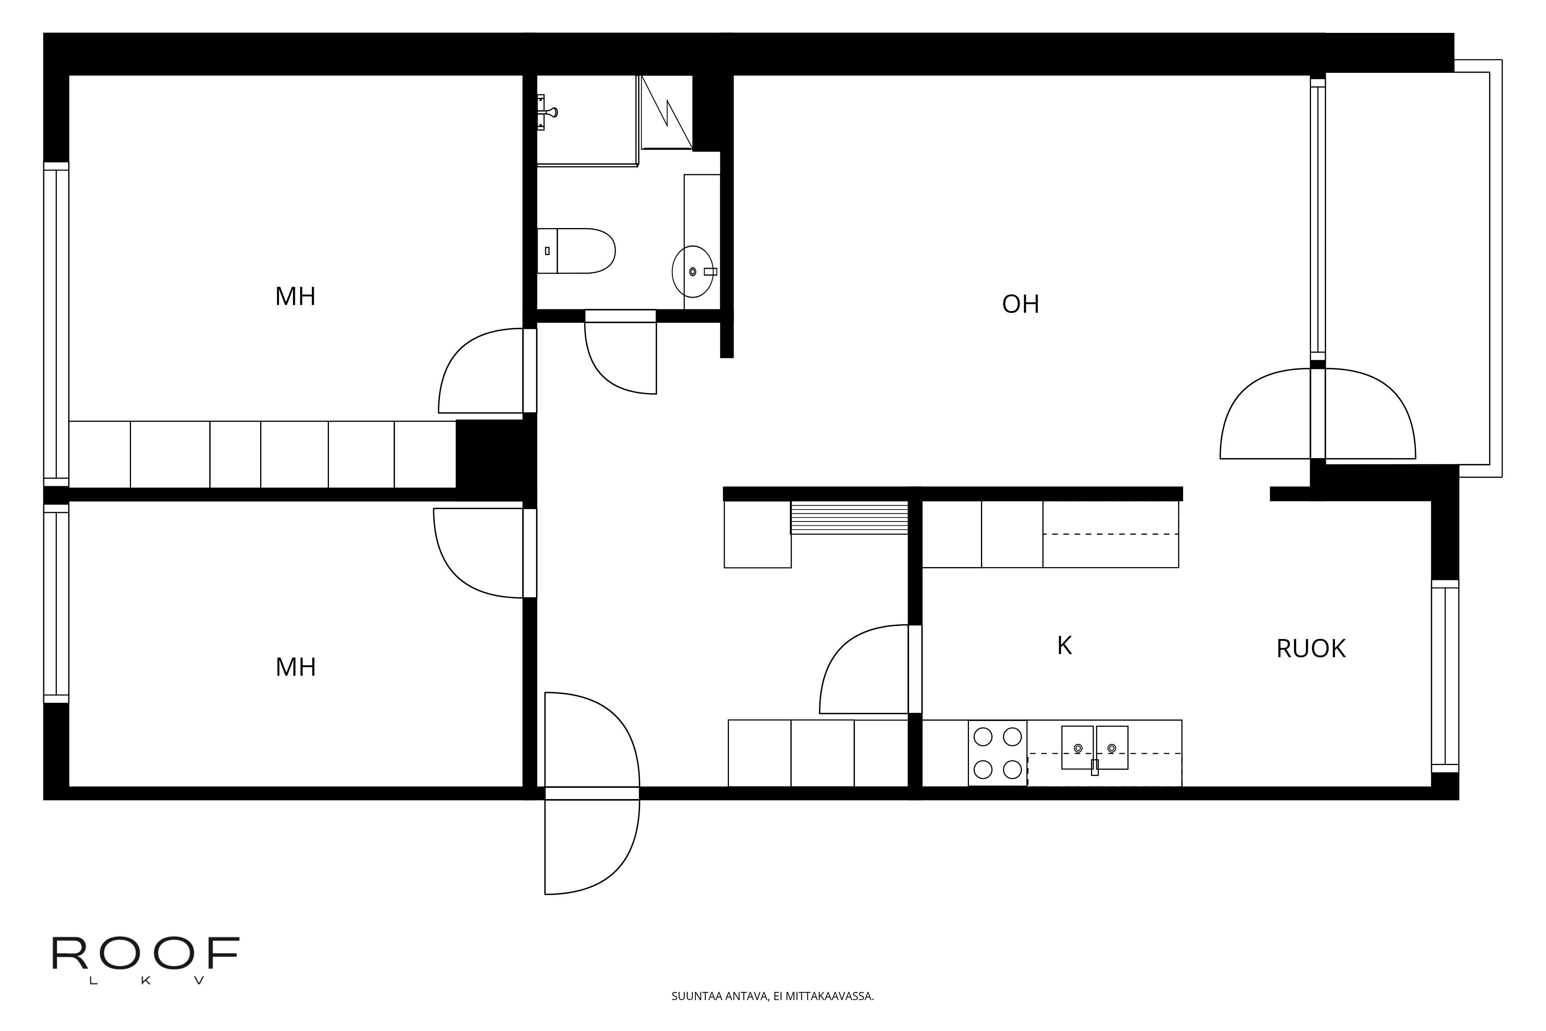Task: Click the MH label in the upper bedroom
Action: (295, 297)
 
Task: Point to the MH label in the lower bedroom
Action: (296, 667)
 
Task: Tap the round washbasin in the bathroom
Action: (693, 271)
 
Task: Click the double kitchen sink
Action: (1095, 748)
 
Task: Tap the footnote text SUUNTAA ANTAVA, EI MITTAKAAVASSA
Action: (772, 996)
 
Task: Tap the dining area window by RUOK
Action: (1446, 677)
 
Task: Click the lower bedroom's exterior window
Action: (56, 603)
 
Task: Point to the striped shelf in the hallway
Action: (849, 518)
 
